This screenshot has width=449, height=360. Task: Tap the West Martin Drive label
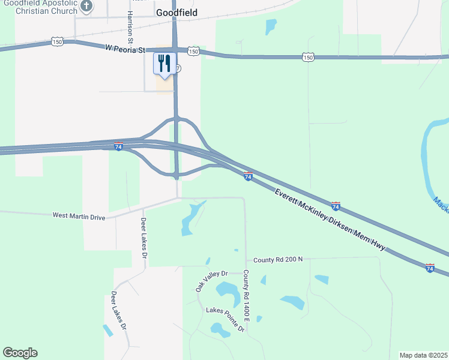point(79,215)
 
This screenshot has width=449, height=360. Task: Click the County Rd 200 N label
point(278,260)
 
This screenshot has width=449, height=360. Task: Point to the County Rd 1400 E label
point(246,294)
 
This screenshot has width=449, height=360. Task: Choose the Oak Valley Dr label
point(212,280)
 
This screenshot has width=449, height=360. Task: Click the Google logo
point(20,353)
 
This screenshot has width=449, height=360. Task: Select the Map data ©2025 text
point(423,355)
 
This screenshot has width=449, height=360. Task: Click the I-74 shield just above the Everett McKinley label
point(248,176)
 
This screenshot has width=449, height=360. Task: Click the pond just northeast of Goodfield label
point(271,26)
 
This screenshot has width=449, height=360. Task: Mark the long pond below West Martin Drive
point(191,219)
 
